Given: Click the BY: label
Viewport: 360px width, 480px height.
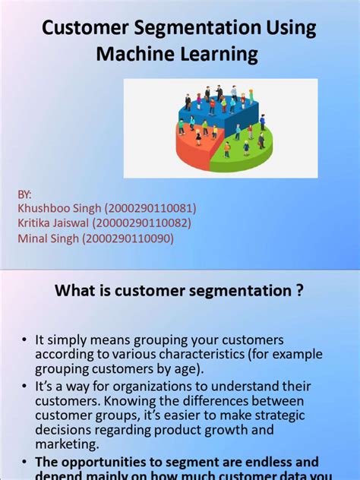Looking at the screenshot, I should (26, 194).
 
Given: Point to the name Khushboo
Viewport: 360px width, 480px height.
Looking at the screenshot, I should (44, 209).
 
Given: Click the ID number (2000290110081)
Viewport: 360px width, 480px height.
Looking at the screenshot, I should (151, 209).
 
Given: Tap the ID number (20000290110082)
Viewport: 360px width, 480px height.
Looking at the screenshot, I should (143, 223).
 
